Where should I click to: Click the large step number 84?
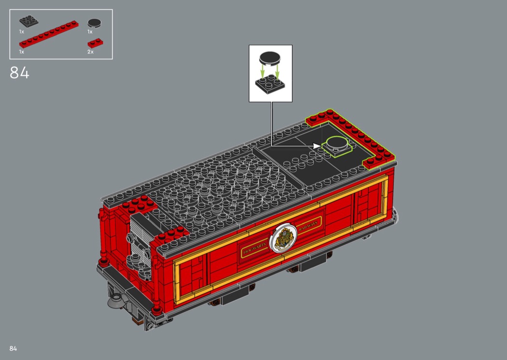pyautogui.click(x=19, y=73)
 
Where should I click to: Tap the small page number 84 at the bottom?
pyautogui.click(x=13, y=348)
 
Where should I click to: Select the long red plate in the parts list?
pyautogui.click(x=49, y=34)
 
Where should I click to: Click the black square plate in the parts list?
pyautogui.click(x=29, y=21)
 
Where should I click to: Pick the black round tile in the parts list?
pyautogui.click(x=95, y=23)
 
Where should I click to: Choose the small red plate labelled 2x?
pyautogui.click(x=96, y=43)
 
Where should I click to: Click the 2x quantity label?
pyautogui.click(x=91, y=52)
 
